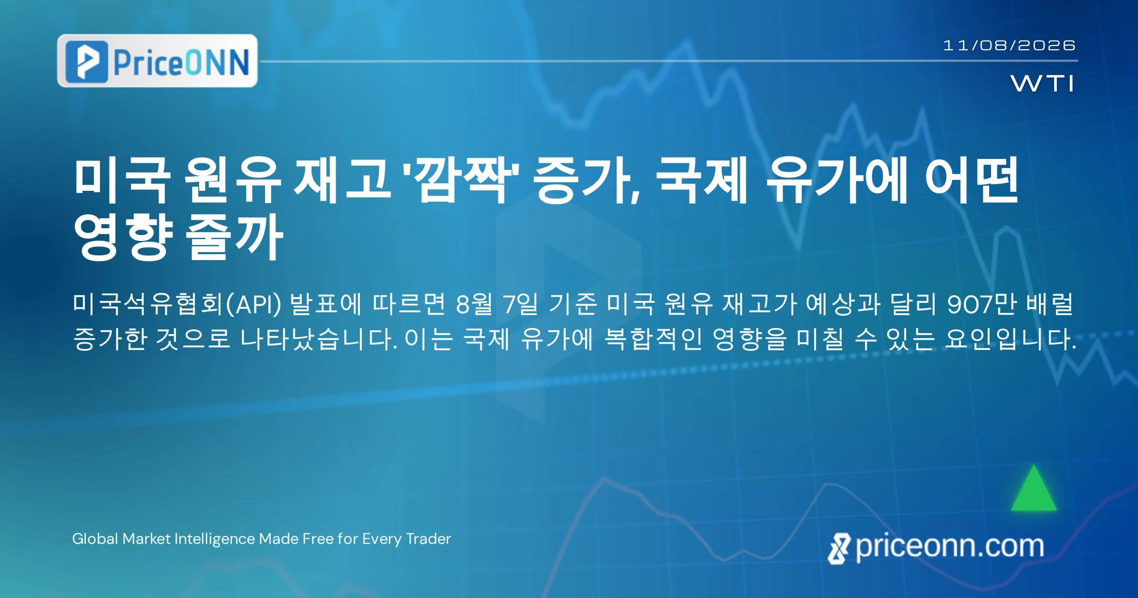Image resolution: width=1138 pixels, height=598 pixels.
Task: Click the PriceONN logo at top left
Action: click(x=157, y=61)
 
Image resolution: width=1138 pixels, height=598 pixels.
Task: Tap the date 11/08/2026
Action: click(x=1009, y=46)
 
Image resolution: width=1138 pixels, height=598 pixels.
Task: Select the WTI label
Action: click(x=1042, y=84)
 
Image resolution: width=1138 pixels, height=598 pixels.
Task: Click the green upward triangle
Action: click(x=1034, y=488)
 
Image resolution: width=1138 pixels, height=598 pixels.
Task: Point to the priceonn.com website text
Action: click(x=936, y=547)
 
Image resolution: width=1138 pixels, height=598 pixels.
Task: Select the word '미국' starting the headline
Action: click(x=122, y=180)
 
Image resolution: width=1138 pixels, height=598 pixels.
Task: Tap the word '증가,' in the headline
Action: click(x=587, y=180)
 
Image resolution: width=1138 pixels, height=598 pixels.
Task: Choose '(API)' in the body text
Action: click(x=253, y=304)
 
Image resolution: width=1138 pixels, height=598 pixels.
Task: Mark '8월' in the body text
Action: click(x=474, y=304)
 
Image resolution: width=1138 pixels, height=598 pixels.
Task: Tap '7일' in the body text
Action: click(x=521, y=304)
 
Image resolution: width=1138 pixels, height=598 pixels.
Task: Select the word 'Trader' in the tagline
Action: click(x=429, y=539)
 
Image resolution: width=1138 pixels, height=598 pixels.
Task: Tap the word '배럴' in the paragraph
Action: click(x=1049, y=304)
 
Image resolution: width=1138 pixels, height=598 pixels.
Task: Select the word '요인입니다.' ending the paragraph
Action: click(x=1010, y=339)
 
